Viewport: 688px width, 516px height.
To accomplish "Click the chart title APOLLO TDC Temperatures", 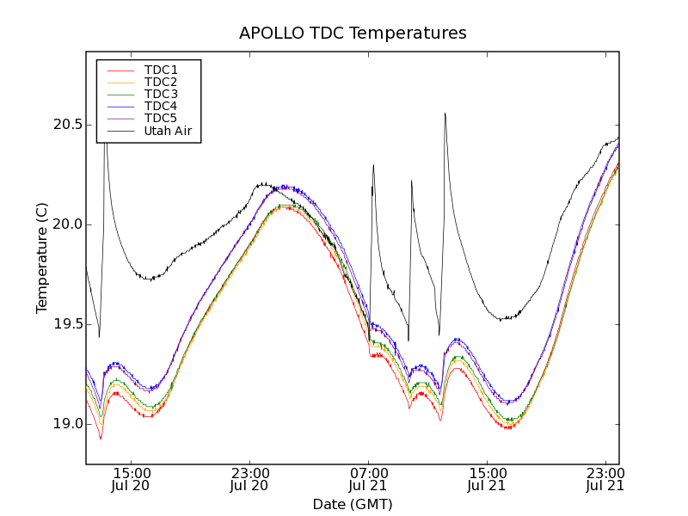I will [353, 34].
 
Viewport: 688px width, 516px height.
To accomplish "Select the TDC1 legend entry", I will [161, 70].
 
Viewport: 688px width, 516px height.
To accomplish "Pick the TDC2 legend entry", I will [161, 82].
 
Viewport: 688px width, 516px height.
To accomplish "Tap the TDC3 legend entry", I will [161, 94].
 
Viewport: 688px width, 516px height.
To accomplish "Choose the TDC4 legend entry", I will [161, 106].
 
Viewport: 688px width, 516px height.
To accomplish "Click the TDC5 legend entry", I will [161, 118].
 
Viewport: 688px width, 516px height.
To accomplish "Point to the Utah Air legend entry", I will [167, 131].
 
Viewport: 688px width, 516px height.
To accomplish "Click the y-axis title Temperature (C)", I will [42, 258].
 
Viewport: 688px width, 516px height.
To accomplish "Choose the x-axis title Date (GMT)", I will [353, 504].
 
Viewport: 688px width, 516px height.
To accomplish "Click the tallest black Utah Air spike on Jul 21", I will [445, 114].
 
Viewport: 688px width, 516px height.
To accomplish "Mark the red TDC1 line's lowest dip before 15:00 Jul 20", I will [101, 439].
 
